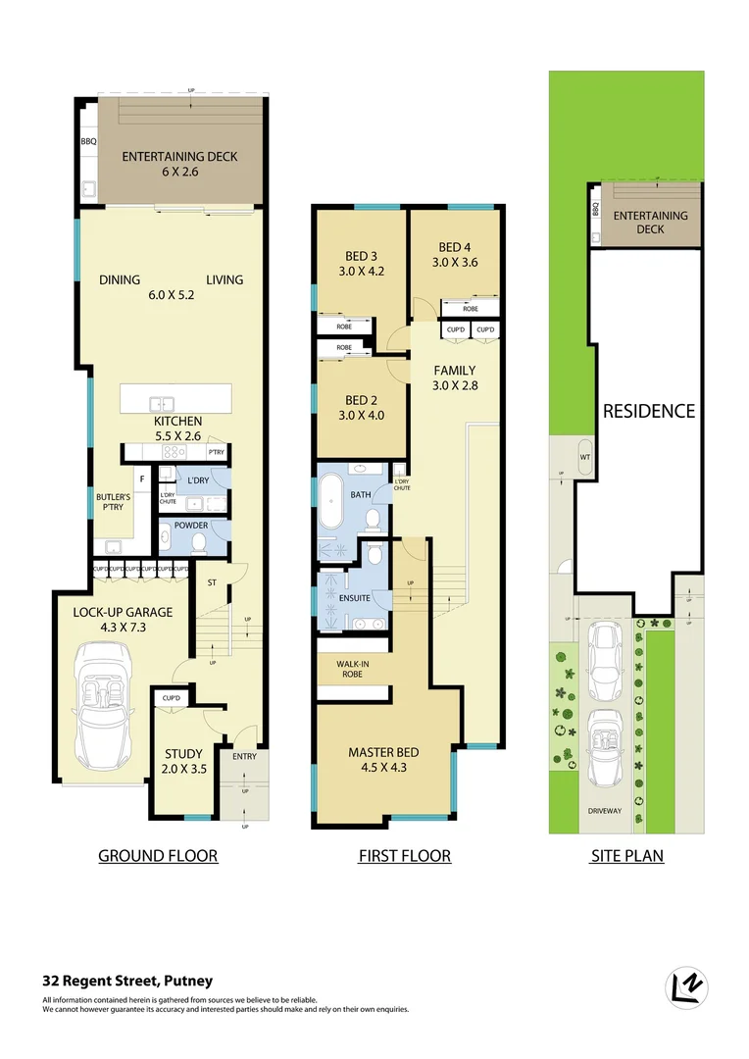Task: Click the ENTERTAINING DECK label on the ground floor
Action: coord(179,157)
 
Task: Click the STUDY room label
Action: coord(184,754)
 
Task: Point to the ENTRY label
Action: coord(243,756)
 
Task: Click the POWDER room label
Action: coord(191,526)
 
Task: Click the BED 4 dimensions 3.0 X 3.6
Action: coord(456,262)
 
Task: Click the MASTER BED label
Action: coord(383,752)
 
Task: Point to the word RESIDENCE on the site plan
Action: coord(648,411)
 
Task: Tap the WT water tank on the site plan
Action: coord(585,457)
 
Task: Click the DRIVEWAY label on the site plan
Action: coord(605,811)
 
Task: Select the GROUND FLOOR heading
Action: coord(158,856)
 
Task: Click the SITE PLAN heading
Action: coord(626,856)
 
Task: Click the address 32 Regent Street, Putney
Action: coord(127,981)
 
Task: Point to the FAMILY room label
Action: coord(455,371)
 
